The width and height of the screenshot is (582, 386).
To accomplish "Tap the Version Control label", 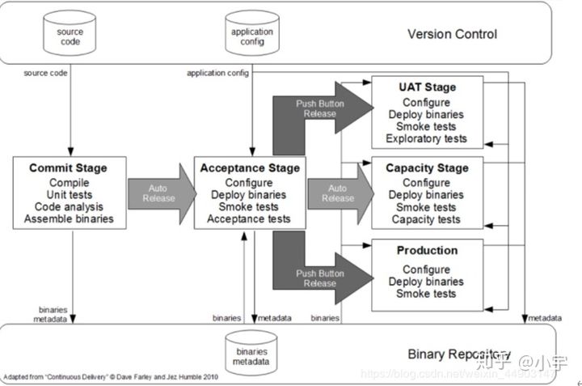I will tap(453, 34).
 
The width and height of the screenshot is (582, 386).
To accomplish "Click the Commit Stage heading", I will tap(68, 168).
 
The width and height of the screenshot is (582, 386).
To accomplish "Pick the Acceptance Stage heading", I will tap(250, 168).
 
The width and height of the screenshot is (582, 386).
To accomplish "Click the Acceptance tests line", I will tap(249, 219).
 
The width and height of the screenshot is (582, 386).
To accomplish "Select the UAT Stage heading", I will tap(427, 87).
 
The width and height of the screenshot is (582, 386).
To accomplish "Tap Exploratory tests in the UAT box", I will tap(427, 138).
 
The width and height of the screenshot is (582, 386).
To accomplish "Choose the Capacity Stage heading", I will tap(427, 168).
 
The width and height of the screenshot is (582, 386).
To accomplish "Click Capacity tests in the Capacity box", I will tap(427, 219).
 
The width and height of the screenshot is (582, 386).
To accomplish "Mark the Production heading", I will tap(427, 251).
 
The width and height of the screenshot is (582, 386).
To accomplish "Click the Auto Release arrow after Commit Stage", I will tap(160, 193).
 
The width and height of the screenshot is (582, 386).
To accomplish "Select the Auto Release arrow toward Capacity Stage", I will tap(339, 193).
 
